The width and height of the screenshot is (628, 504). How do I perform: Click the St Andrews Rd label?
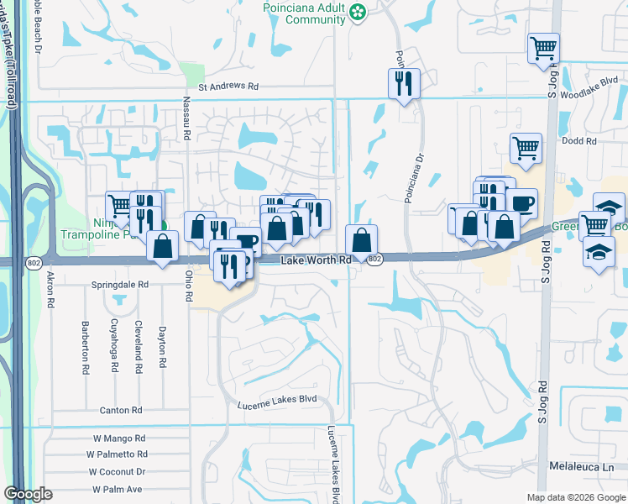[228, 86]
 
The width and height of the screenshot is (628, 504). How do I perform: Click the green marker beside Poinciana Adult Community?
[358, 12]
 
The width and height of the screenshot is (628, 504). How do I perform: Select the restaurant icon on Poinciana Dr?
[404, 82]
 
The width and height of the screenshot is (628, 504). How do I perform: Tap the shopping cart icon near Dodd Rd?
[526, 148]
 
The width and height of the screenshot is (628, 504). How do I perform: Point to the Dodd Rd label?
[579, 141]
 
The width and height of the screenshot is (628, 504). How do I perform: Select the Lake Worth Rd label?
[316, 261]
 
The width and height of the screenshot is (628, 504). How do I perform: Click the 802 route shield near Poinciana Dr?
[374, 260]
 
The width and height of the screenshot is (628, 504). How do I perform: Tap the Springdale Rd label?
[120, 285]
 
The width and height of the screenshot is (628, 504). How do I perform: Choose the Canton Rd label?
[121, 410]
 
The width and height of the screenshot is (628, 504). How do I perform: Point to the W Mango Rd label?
[119, 438]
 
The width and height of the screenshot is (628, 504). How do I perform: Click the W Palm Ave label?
[118, 489]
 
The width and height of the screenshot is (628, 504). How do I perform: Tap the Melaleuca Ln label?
[582, 465]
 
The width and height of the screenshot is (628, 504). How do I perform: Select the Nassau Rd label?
[187, 117]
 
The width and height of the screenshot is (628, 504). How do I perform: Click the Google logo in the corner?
[28, 494]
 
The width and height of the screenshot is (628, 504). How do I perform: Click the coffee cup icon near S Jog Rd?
[521, 202]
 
